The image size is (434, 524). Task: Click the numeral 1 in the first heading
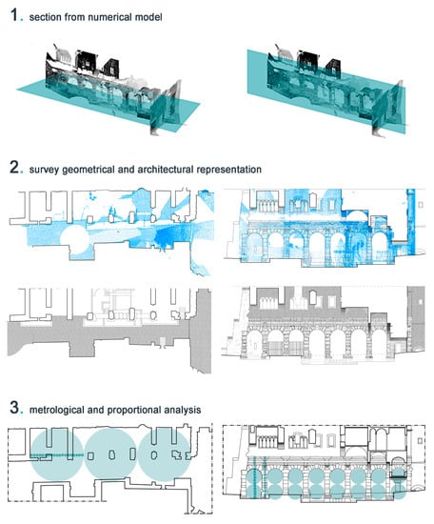(14, 15)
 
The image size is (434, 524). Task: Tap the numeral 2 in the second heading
(14, 167)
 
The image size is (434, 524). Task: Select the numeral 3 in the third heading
(14, 408)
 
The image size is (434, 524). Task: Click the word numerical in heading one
(110, 17)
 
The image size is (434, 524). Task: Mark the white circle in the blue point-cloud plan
(75, 239)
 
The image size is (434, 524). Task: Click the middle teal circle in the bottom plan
(110, 454)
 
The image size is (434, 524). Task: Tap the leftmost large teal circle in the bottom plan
(57, 454)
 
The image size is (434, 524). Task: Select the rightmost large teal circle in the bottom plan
(165, 454)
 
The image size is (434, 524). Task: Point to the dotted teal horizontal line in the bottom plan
(57, 454)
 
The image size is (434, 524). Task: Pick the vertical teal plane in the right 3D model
(325, 91)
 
